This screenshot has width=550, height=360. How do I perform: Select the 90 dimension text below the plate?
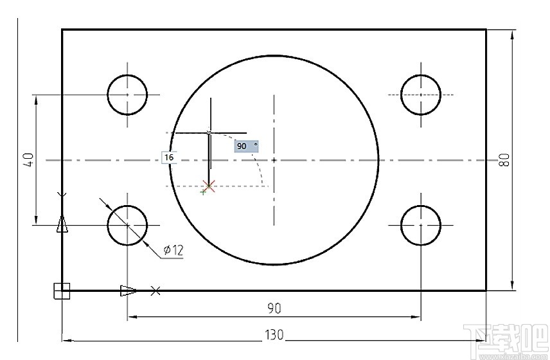click(x=274, y=309)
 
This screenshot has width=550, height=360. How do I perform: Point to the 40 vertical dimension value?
click(x=28, y=159)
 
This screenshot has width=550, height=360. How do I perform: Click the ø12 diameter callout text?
click(x=173, y=250)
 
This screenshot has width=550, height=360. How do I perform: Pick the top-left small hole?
click(x=127, y=94)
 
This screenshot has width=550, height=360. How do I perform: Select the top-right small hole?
click(x=421, y=94)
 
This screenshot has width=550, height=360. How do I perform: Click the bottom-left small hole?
click(x=127, y=226)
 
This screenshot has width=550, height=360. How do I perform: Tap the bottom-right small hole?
click(x=421, y=226)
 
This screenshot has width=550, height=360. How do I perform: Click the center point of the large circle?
click(x=274, y=159)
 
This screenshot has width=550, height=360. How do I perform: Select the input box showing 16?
click(x=170, y=157)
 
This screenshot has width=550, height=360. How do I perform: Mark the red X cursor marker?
click(x=208, y=186)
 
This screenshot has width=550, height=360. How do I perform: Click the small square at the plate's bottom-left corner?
click(x=61, y=291)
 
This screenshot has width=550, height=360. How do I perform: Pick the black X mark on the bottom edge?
click(x=155, y=291)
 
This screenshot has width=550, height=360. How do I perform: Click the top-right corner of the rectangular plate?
click(x=486, y=30)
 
